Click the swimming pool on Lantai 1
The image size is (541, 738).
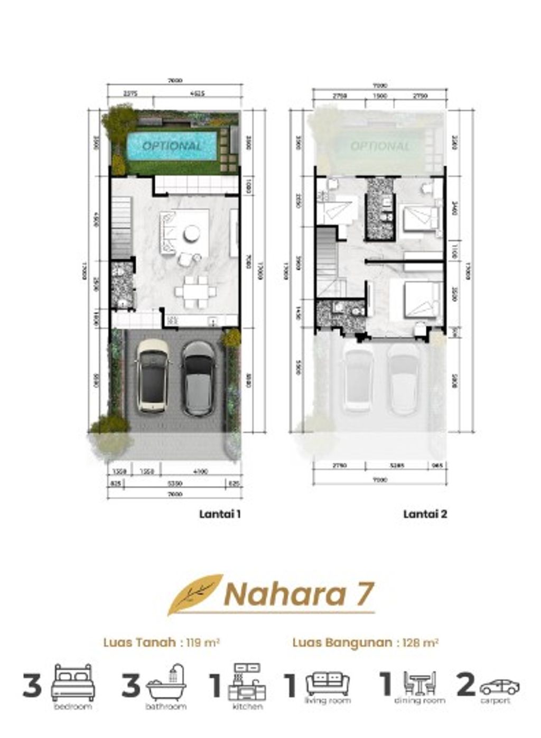172,146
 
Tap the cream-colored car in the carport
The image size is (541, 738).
153,376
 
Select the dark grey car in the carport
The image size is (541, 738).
198,378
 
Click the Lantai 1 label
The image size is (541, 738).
220,513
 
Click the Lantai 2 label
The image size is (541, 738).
425,513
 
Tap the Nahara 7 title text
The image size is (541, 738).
300,594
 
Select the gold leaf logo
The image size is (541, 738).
195,594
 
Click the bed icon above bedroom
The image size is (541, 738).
73,683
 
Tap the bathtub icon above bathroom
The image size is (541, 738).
166,683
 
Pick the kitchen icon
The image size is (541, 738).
247,682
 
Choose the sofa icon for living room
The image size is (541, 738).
328,683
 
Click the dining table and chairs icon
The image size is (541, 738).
419,684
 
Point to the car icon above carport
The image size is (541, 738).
499,687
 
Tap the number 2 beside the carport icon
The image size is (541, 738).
466,685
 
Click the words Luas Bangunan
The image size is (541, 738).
342,643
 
